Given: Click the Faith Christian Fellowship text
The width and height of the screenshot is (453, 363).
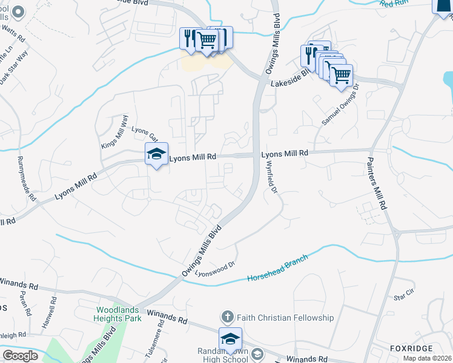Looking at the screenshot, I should point(285,318).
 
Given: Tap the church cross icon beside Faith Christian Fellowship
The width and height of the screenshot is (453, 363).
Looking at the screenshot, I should point(227,317).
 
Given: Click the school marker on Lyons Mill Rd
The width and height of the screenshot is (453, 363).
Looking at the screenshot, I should point(156,155).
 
